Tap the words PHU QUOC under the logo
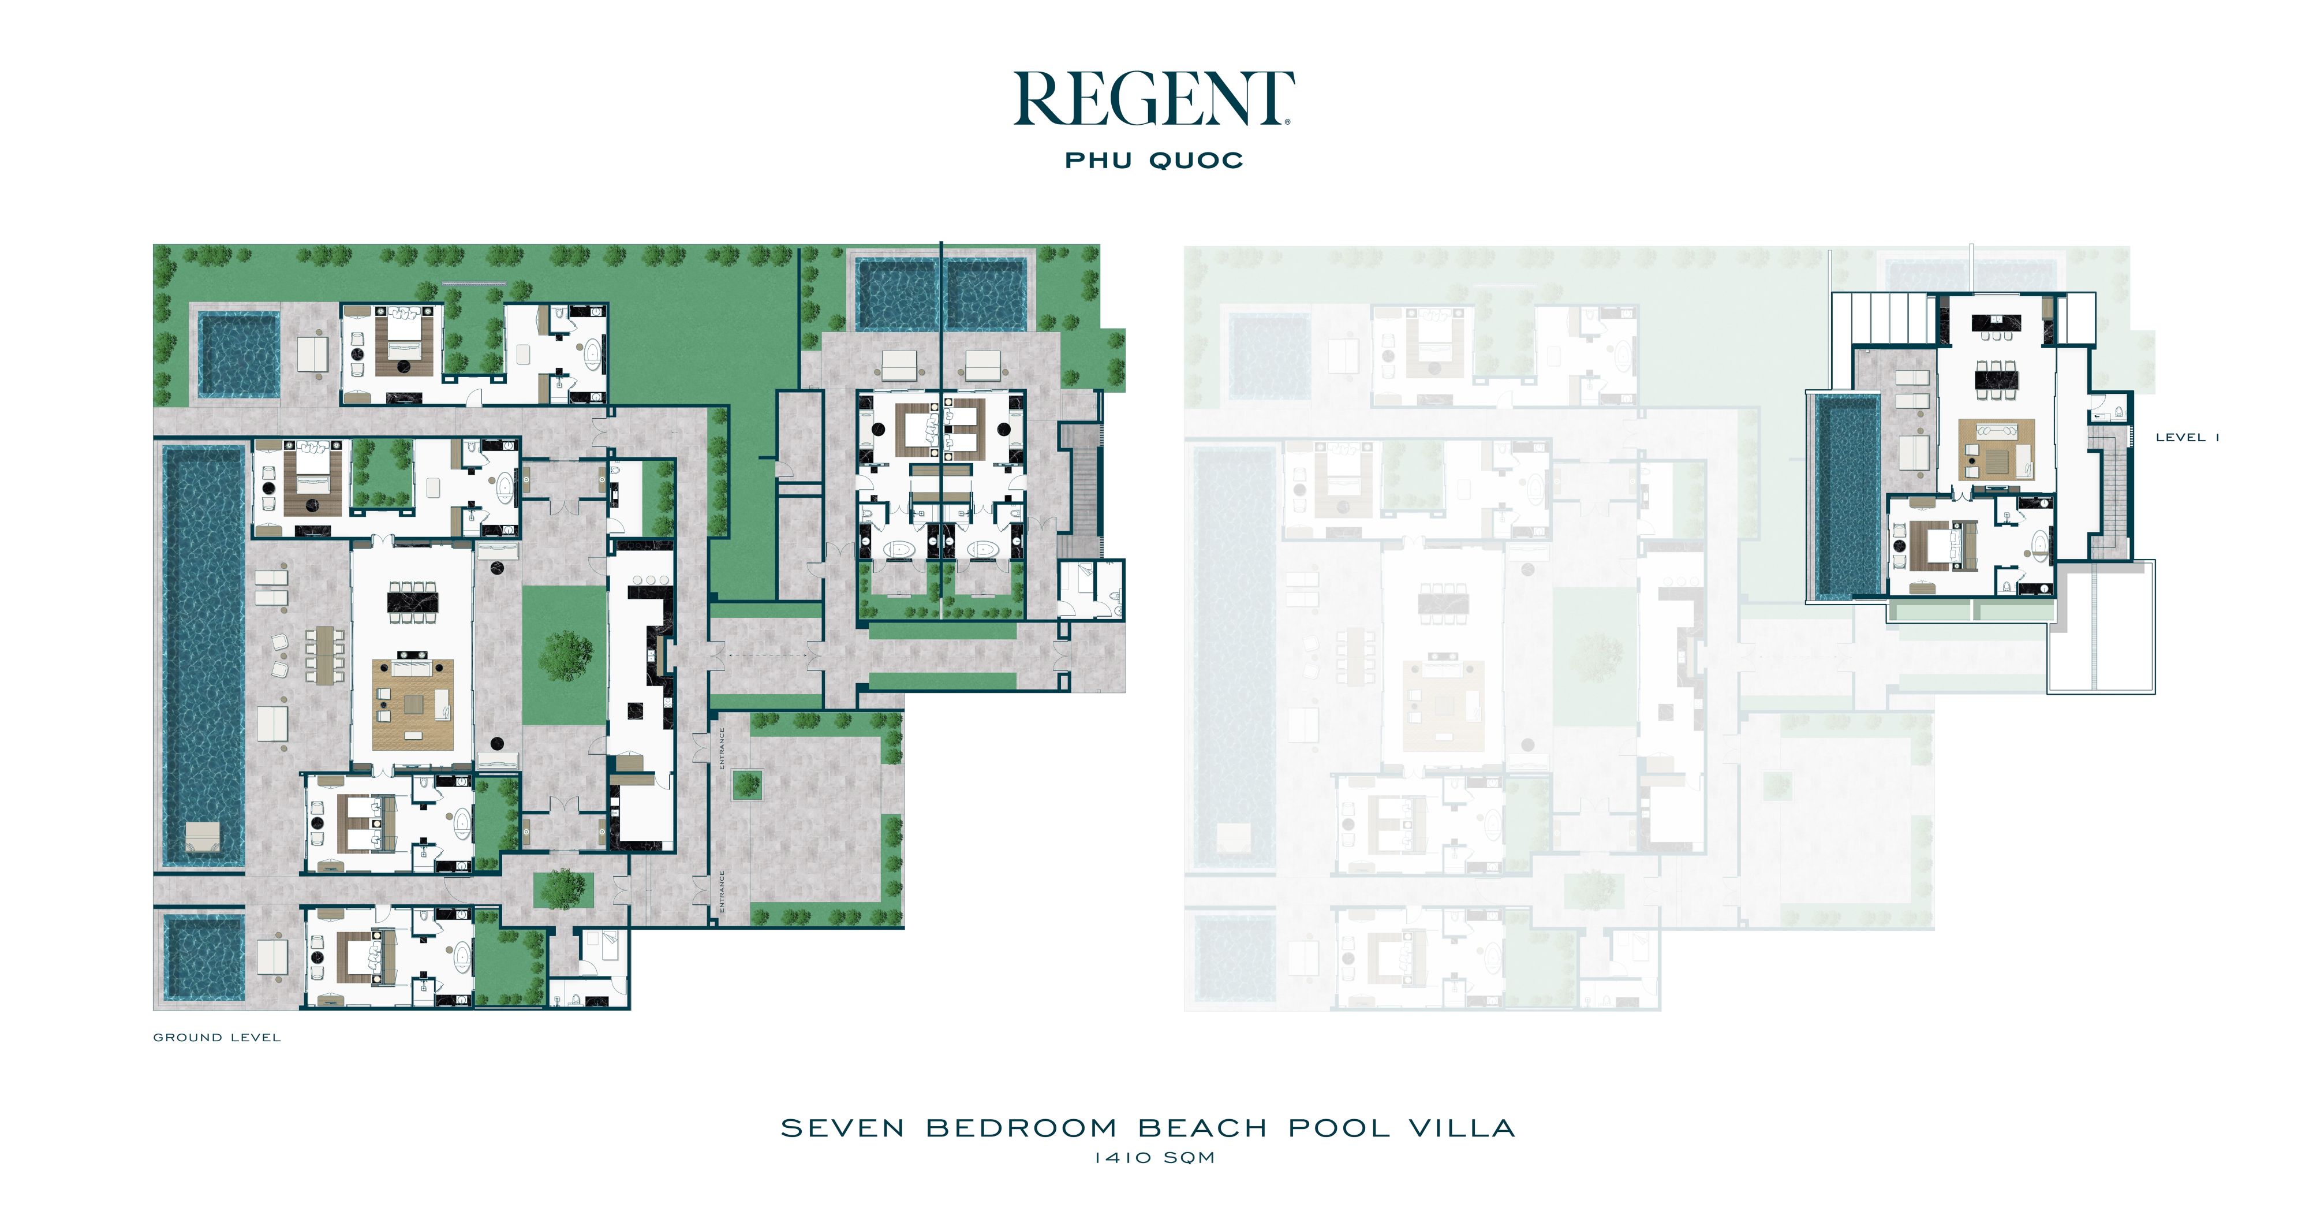point(1153,161)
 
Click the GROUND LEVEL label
point(217,1038)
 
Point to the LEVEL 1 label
point(2187,438)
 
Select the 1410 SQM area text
point(1154,1158)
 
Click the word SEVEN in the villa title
point(843,1128)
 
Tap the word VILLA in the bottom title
point(1462,1128)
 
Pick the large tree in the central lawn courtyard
point(566,654)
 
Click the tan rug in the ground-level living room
point(413,705)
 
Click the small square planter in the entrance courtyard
point(746,785)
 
